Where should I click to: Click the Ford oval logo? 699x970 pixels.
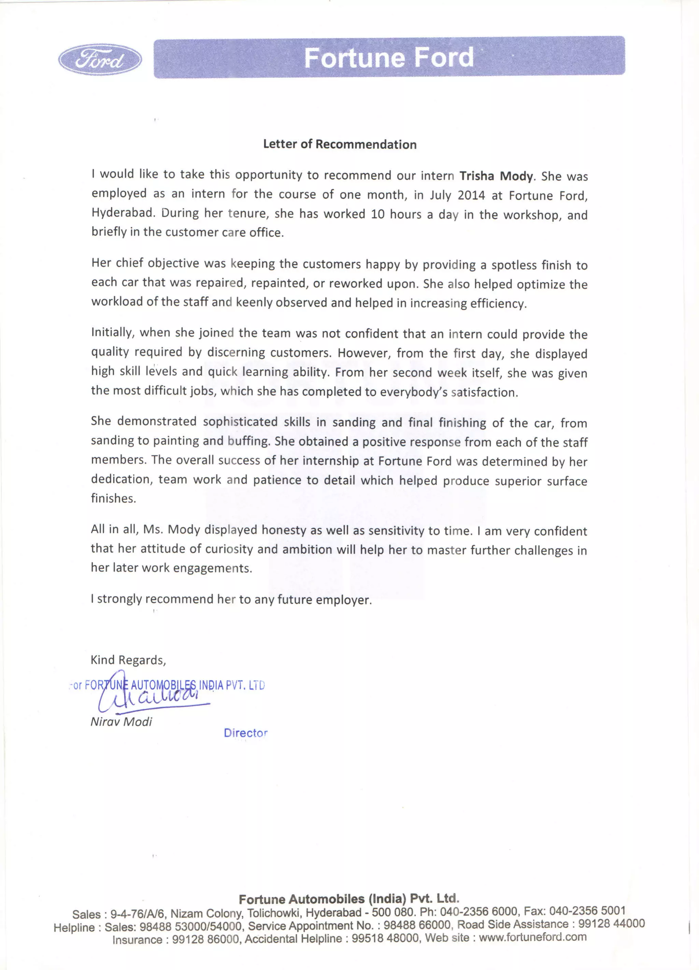[100, 59]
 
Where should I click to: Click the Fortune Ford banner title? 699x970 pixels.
[388, 57]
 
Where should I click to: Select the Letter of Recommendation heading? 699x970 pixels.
[340, 144]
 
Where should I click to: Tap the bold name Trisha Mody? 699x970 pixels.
[496, 176]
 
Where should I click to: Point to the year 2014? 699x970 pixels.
[471, 195]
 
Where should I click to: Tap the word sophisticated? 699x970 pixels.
[240, 422]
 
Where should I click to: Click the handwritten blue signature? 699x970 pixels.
[149, 695]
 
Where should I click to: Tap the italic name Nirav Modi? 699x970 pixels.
[122, 722]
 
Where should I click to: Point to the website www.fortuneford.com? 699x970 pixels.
[532, 937]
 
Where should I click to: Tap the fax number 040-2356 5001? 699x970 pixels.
[587, 911]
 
